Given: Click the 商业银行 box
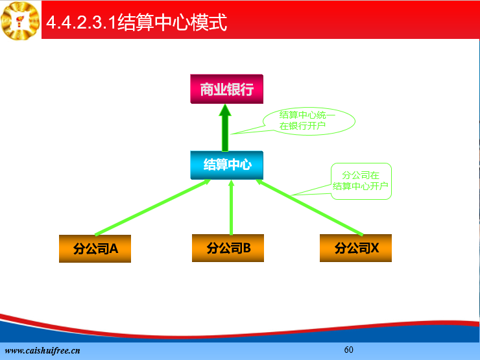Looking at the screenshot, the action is [226, 89].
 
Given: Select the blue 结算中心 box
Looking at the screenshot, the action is [226, 165].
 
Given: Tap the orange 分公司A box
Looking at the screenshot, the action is [95, 248].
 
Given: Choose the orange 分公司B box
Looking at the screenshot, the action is [228, 248].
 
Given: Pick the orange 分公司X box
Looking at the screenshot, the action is [355, 248].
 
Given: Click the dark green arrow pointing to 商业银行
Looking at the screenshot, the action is [225, 128].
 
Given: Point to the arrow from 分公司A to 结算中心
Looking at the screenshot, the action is [152, 208].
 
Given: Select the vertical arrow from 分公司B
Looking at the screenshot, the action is [231, 208].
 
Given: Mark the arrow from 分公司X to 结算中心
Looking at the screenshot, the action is [309, 208].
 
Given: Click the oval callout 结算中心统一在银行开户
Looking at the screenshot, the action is [309, 121].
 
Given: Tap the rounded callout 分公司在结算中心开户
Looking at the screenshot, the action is [361, 181].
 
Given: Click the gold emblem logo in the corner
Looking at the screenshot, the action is [20, 21].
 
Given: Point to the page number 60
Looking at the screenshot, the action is [349, 350].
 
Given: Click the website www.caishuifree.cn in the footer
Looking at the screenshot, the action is [43, 350].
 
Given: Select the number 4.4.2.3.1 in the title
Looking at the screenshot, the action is [82, 22].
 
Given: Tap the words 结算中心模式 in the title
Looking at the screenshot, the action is [172, 22].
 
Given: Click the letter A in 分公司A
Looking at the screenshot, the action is [114, 248].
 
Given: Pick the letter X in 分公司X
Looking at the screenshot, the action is [375, 248].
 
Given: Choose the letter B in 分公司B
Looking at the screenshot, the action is [246, 248].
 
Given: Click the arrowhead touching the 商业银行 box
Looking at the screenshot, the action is [225, 110].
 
